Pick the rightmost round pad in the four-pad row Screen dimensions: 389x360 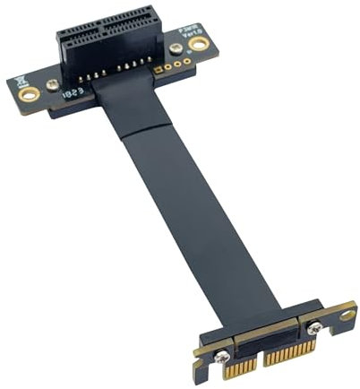[x=186, y=62]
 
